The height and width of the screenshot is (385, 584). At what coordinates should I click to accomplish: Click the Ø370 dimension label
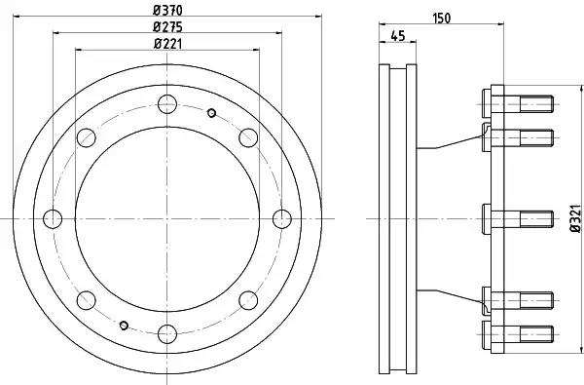click(167, 10)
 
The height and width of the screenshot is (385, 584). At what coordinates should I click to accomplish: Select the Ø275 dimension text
click(167, 27)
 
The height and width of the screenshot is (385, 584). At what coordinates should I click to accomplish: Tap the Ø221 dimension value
click(167, 44)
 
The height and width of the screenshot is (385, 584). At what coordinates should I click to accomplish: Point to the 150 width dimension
click(441, 18)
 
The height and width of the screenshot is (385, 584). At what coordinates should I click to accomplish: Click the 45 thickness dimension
click(398, 36)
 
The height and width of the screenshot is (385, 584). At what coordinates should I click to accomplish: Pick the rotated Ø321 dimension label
click(575, 218)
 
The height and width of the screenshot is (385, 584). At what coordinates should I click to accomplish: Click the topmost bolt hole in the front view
click(167, 104)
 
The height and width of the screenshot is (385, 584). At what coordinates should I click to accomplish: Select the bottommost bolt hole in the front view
click(167, 334)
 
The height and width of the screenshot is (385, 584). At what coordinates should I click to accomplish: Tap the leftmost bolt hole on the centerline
click(53, 219)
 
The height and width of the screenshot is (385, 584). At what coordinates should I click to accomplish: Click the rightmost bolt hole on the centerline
click(282, 219)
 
